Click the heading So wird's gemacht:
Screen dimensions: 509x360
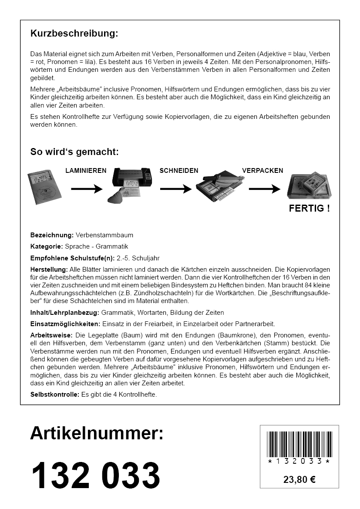(74, 152)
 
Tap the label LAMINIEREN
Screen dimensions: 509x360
(86, 171)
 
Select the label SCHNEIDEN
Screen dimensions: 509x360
(179, 171)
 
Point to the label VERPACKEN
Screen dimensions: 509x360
(262, 171)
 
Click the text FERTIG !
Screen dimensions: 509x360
(309, 208)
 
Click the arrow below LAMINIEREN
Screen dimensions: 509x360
(86, 189)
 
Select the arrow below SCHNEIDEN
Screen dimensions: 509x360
(175, 189)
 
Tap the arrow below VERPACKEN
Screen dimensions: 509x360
(264, 189)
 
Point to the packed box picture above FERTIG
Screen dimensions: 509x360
(309, 185)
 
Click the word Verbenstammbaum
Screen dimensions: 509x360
(104, 235)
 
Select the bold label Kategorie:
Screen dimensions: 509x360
(47, 246)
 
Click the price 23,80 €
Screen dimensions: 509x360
(299, 480)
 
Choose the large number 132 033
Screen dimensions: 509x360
(95, 475)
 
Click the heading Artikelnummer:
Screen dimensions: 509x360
(97, 433)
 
